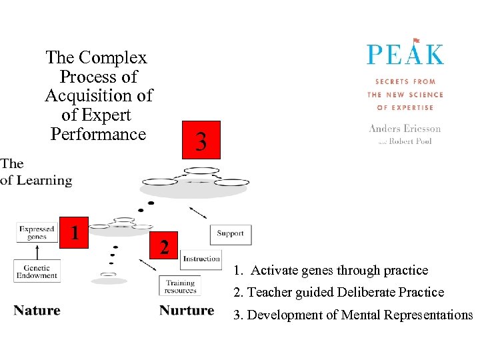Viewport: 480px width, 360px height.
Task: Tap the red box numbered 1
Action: coord(75,232)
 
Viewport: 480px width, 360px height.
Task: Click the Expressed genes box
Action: coord(37,233)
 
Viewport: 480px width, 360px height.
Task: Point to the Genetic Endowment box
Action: coord(37,272)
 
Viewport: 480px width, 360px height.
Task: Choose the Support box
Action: coord(230,234)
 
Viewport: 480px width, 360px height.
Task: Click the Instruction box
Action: coord(201,259)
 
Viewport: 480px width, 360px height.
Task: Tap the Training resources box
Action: coord(180,287)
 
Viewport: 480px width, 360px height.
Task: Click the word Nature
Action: coord(37,311)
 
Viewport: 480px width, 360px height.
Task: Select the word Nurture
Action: coord(187,311)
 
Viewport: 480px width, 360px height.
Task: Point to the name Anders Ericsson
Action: coord(405,129)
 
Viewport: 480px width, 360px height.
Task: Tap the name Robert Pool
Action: coord(410,141)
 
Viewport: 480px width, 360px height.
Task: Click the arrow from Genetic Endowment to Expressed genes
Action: coord(37,252)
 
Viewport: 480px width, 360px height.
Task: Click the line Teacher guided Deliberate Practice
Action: coord(339,292)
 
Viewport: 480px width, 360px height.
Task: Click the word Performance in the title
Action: coord(98,134)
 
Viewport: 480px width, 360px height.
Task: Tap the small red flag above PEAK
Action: coord(417,41)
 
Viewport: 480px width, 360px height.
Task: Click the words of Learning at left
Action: coord(36,180)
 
